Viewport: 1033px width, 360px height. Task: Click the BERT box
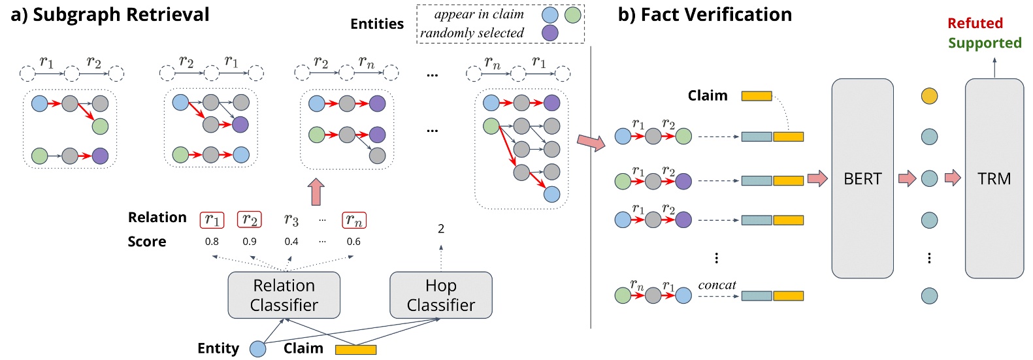pos(862,178)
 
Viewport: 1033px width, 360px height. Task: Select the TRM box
pos(994,178)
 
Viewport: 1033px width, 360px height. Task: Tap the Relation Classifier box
pos(284,295)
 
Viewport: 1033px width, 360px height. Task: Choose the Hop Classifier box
pos(440,295)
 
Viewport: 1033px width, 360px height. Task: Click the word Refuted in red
pos(975,24)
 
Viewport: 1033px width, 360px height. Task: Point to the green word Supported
pos(985,43)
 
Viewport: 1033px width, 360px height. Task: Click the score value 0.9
pos(250,242)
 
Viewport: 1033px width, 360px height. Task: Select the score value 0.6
pos(353,242)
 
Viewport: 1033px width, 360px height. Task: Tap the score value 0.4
pos(291,242)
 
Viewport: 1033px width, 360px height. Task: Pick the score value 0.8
pos(212,242)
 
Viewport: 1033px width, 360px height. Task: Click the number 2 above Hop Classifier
pos(441,229)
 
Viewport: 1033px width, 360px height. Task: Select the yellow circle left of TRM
pos(929,96)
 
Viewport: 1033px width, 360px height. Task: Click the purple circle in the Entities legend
pos(550,33)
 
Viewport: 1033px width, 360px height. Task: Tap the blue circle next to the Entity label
pos(258,349)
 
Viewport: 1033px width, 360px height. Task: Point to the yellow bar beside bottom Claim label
pos(355,350)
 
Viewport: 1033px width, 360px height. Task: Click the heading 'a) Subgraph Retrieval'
pos(110,14)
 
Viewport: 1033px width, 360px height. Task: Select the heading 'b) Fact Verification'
pos(704,14)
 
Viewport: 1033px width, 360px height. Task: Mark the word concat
pos(717,285)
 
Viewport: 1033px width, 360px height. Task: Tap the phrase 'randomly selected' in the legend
pos(472,33)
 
